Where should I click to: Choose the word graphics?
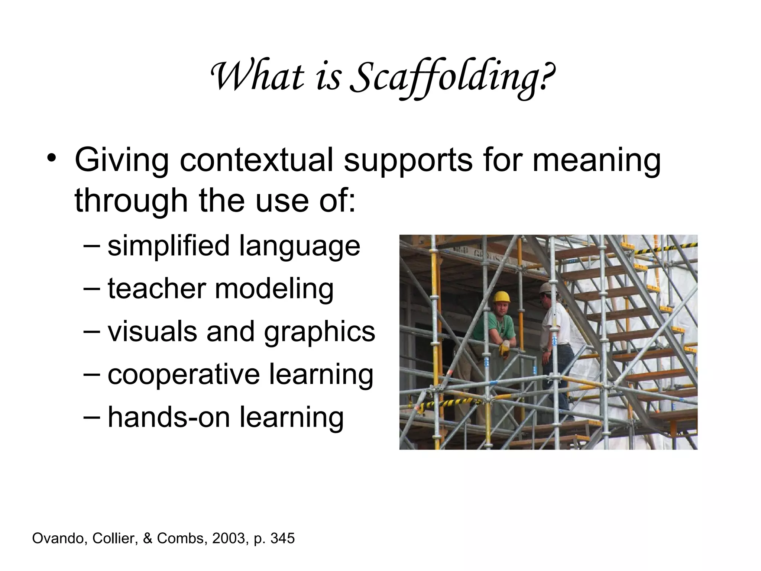319,332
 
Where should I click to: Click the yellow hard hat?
501,297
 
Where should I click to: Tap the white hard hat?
546,288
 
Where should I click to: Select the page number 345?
282,538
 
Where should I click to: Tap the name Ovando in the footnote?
59,538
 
